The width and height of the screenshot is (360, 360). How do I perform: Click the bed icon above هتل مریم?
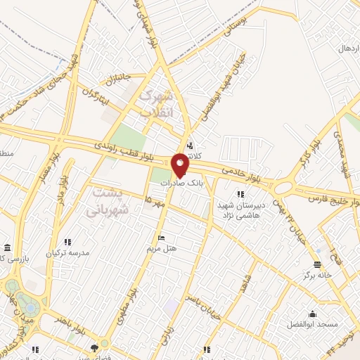pyautogui.click(x=162, y=238)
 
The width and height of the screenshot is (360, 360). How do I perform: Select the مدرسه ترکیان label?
pyautogui.click(x=68, y=252)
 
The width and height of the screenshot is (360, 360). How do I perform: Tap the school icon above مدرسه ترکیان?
pyautogui.click(x=67, y=242)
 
